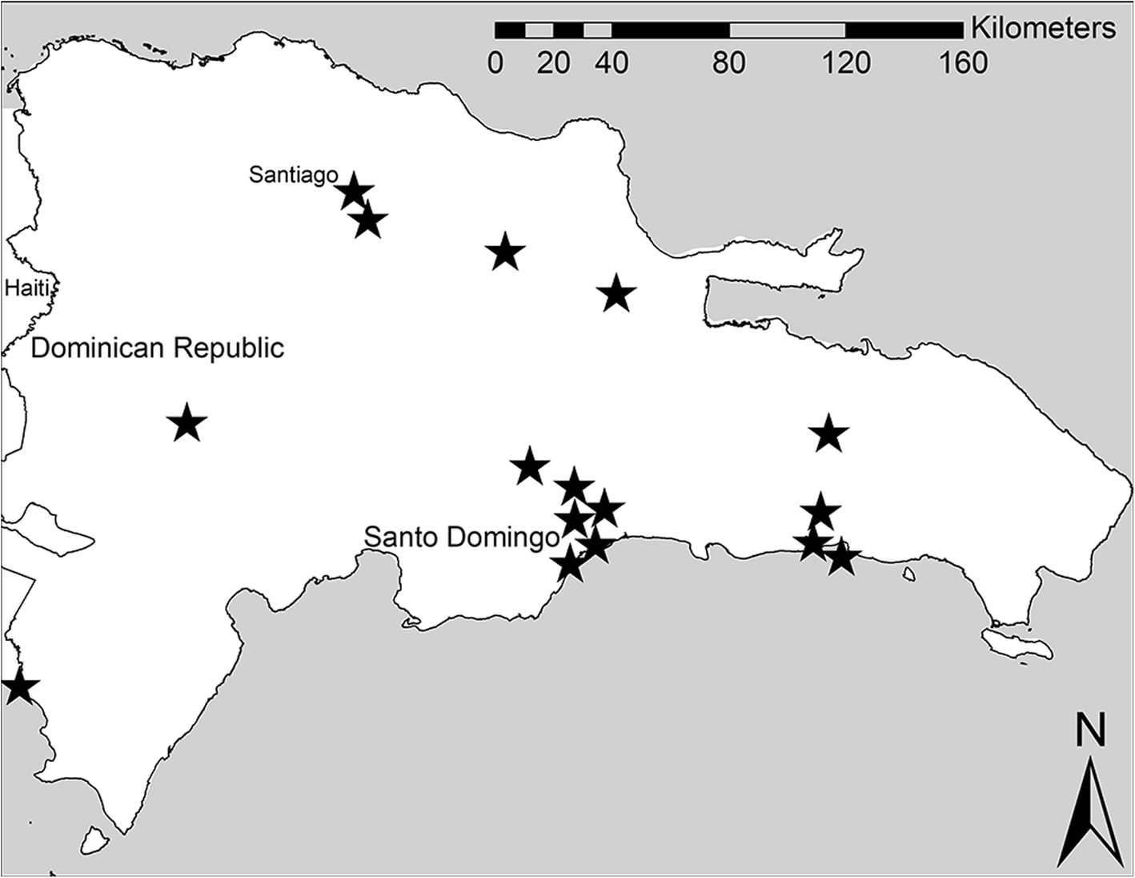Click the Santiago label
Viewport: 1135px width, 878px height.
click(293, 175)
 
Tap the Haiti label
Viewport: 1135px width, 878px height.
click(27, 288)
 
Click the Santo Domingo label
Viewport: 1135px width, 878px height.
click(461, 537)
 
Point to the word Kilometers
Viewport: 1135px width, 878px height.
click(1043, 29)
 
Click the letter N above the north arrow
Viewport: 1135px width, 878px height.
click(1089, 731)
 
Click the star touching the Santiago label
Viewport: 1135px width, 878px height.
click(354, 192)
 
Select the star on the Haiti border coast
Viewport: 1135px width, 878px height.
click(19, 687)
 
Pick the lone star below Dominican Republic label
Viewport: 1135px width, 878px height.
click(187, 423)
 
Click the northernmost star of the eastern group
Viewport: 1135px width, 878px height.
click(828, 434)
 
